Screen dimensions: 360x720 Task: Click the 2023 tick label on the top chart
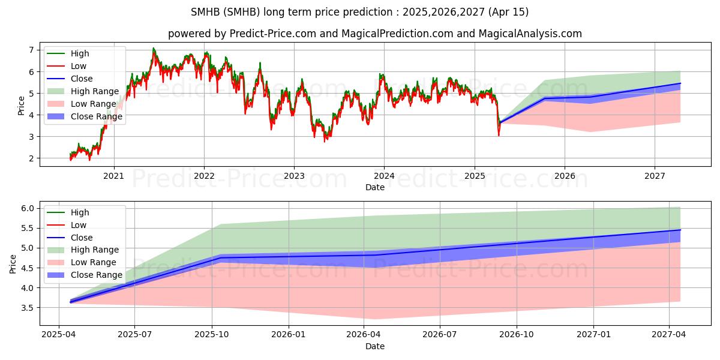point(294,176)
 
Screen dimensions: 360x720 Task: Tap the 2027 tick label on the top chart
point(655,176)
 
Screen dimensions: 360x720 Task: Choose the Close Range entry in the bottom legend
point(97,275)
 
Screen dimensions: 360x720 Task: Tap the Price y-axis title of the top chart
point(22,105)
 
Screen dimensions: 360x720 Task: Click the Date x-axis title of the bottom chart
point(375,346)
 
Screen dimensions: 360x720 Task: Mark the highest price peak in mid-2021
point(154,48)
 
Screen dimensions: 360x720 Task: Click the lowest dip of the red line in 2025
point(499,135)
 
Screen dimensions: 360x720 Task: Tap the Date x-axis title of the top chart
point(375,187)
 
